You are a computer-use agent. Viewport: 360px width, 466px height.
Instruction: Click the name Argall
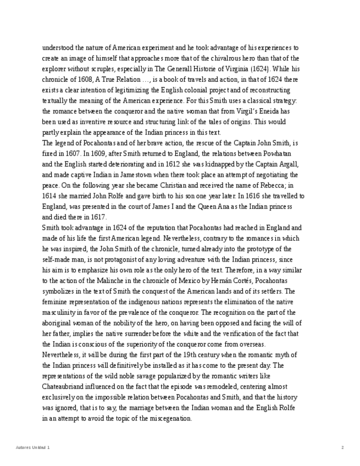tap(287, 164)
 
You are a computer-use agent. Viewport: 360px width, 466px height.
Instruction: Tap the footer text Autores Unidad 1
tap(33, 448)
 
